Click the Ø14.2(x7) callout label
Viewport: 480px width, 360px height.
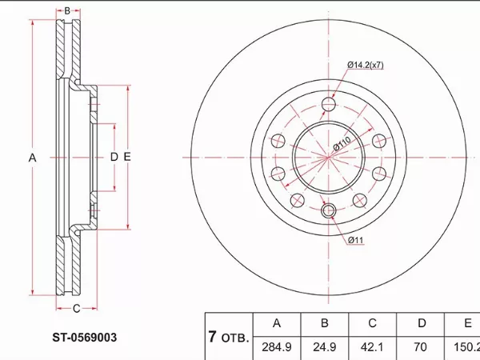366,65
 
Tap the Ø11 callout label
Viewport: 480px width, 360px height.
356,240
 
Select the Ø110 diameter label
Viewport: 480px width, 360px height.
342,143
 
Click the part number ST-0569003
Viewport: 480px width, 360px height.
85,338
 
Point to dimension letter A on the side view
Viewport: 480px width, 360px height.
33,158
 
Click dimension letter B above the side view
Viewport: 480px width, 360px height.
67,11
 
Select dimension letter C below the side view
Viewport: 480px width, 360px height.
76,309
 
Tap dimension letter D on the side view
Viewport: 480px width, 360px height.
114,157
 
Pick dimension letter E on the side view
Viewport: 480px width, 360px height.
127,157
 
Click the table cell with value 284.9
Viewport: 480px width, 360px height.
277,347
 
